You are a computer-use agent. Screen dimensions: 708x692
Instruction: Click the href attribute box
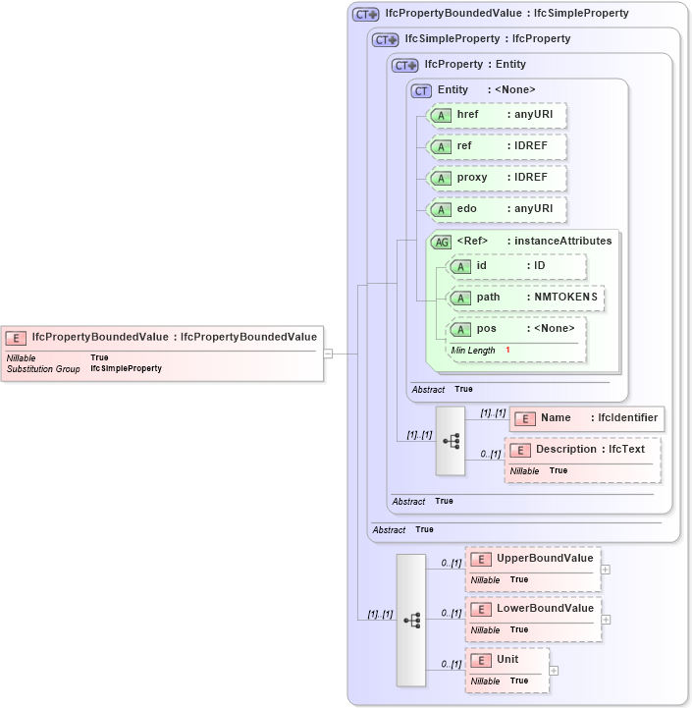498,115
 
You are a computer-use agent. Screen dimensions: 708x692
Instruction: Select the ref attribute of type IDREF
498,146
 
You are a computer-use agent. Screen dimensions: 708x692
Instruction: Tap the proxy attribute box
498,178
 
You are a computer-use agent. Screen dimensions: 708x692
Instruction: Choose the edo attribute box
498,209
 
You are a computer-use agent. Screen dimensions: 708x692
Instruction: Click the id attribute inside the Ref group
516,266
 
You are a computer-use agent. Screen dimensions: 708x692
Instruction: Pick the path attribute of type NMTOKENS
525,298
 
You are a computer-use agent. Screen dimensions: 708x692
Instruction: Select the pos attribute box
516,329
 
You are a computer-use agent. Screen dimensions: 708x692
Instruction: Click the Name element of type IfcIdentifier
586,418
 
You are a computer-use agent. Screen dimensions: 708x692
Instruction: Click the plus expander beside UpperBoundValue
606,569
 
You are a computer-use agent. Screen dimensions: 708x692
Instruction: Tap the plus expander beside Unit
554,671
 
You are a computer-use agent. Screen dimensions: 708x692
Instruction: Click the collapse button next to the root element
329,354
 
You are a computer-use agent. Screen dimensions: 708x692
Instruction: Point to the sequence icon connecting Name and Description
451,441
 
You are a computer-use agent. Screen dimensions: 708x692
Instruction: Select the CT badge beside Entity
422,90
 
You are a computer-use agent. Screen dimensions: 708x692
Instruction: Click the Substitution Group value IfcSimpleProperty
126,368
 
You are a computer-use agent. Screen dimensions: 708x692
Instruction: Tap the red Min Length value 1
508,351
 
